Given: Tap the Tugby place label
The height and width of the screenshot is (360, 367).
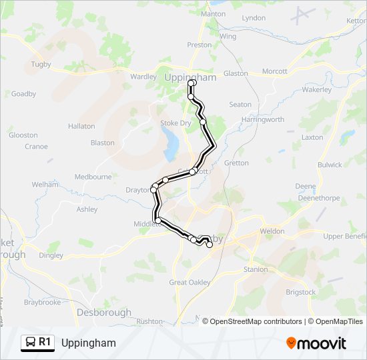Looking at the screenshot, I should (41, 65).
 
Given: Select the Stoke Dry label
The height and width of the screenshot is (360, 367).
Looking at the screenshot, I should (175, 123).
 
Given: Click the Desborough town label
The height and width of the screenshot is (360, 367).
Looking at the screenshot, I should (103, 312).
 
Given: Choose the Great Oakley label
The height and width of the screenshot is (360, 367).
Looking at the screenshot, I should (190, 283).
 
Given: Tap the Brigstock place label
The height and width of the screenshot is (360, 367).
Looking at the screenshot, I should (300, 292).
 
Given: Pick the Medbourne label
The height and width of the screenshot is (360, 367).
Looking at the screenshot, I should (93, 177).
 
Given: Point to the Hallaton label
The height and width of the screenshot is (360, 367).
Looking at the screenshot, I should (81, 126).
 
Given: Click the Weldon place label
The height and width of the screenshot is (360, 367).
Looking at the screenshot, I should (272, 230).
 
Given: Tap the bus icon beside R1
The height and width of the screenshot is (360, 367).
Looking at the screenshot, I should (31, 343).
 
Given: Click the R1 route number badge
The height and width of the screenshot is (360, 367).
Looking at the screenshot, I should (45, 343).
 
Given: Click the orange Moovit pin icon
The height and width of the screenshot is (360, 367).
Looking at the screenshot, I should (291, 343).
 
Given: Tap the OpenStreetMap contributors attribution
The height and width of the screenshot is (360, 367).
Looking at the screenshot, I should (256, 321).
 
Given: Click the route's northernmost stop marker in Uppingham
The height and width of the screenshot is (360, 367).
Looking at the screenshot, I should (192, 83).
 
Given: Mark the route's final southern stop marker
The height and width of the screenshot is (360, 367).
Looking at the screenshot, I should (210, 245).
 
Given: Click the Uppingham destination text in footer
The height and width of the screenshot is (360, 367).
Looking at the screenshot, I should (88, 343).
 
